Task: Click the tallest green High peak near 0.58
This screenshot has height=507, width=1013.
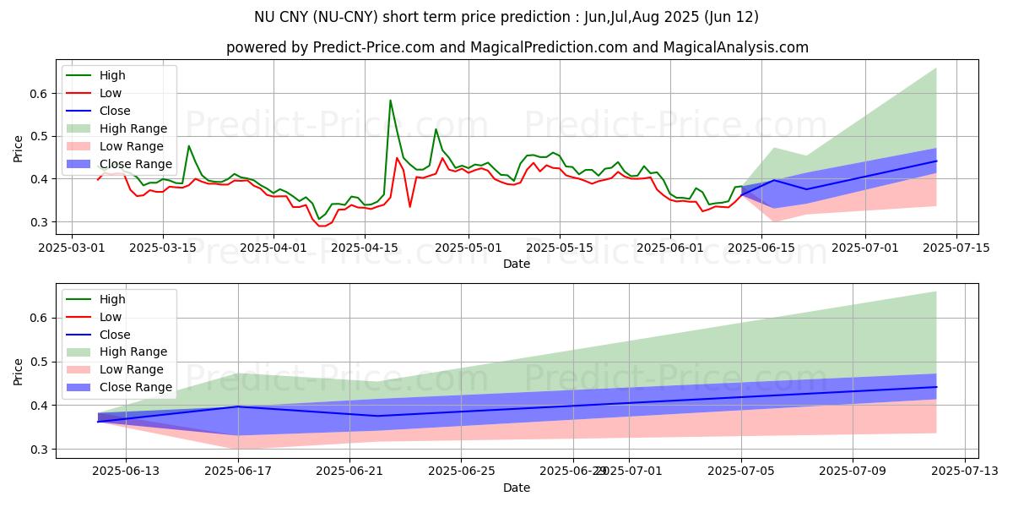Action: pos(390,101)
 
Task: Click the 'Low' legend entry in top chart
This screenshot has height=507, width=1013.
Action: pos(111,93)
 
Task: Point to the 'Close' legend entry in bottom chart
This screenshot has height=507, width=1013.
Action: pos(115,335)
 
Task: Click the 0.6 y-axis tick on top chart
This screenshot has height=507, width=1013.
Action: pos(39,94)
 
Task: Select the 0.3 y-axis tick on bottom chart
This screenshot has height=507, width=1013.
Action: pos(39,450)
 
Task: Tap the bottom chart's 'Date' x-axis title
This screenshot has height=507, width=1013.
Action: pos(517,488)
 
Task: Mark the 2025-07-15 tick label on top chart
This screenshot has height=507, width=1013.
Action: pos(956,248)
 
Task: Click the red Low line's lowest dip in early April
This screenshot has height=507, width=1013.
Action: pos(322,226)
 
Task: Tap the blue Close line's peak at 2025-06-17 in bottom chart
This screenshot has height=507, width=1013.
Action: pos(238,406)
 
